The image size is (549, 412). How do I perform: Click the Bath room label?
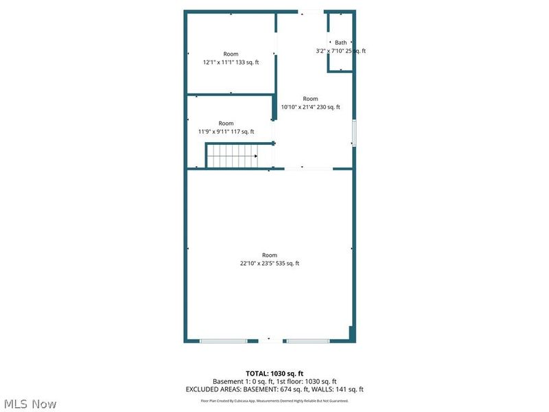[341, 43]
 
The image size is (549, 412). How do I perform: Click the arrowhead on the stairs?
[255, 156]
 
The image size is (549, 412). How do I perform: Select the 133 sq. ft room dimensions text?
[231, 62]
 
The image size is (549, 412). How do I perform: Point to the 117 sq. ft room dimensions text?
[226, 132]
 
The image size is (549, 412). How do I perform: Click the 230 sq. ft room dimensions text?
[310, 107]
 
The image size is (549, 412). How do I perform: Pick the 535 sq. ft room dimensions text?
[270, 263]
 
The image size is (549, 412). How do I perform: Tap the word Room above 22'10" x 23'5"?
[270, 255]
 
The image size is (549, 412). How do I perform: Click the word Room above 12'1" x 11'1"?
[231, 54]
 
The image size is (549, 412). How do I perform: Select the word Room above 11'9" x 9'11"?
[226, 124]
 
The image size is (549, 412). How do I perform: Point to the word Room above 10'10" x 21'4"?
[310, 99]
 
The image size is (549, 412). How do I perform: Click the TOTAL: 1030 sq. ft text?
[274, 373]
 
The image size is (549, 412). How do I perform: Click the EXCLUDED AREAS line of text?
[274, 389]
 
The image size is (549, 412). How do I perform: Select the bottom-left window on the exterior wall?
[223, 341]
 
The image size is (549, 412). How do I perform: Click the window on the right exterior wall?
[354, 133]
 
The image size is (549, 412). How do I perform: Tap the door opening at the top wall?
[310, 12]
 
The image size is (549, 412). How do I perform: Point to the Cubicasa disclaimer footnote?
[274, 401]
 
